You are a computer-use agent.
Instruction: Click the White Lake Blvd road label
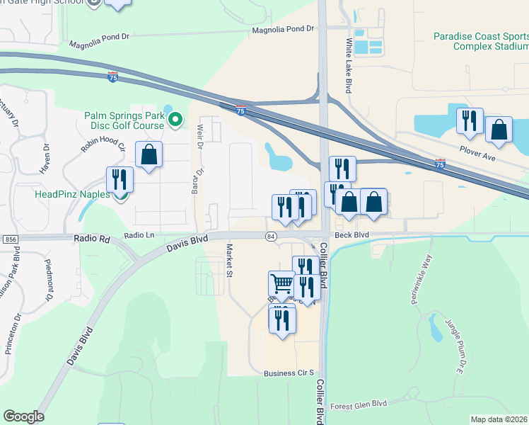point(349,66)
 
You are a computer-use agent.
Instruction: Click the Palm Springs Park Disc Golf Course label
point(124,120)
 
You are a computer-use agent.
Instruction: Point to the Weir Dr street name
point(199,134)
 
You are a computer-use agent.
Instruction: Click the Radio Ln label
point(139,235)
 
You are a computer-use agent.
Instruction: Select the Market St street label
point(228,261)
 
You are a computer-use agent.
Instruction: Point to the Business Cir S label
point(288,373)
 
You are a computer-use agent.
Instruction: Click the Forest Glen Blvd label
point(359,404)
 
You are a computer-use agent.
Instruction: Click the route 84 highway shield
point(271,235)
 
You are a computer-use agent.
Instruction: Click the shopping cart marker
point(281,285)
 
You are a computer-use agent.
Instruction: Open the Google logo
point(23,416)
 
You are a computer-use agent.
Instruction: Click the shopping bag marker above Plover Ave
point(499,131)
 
